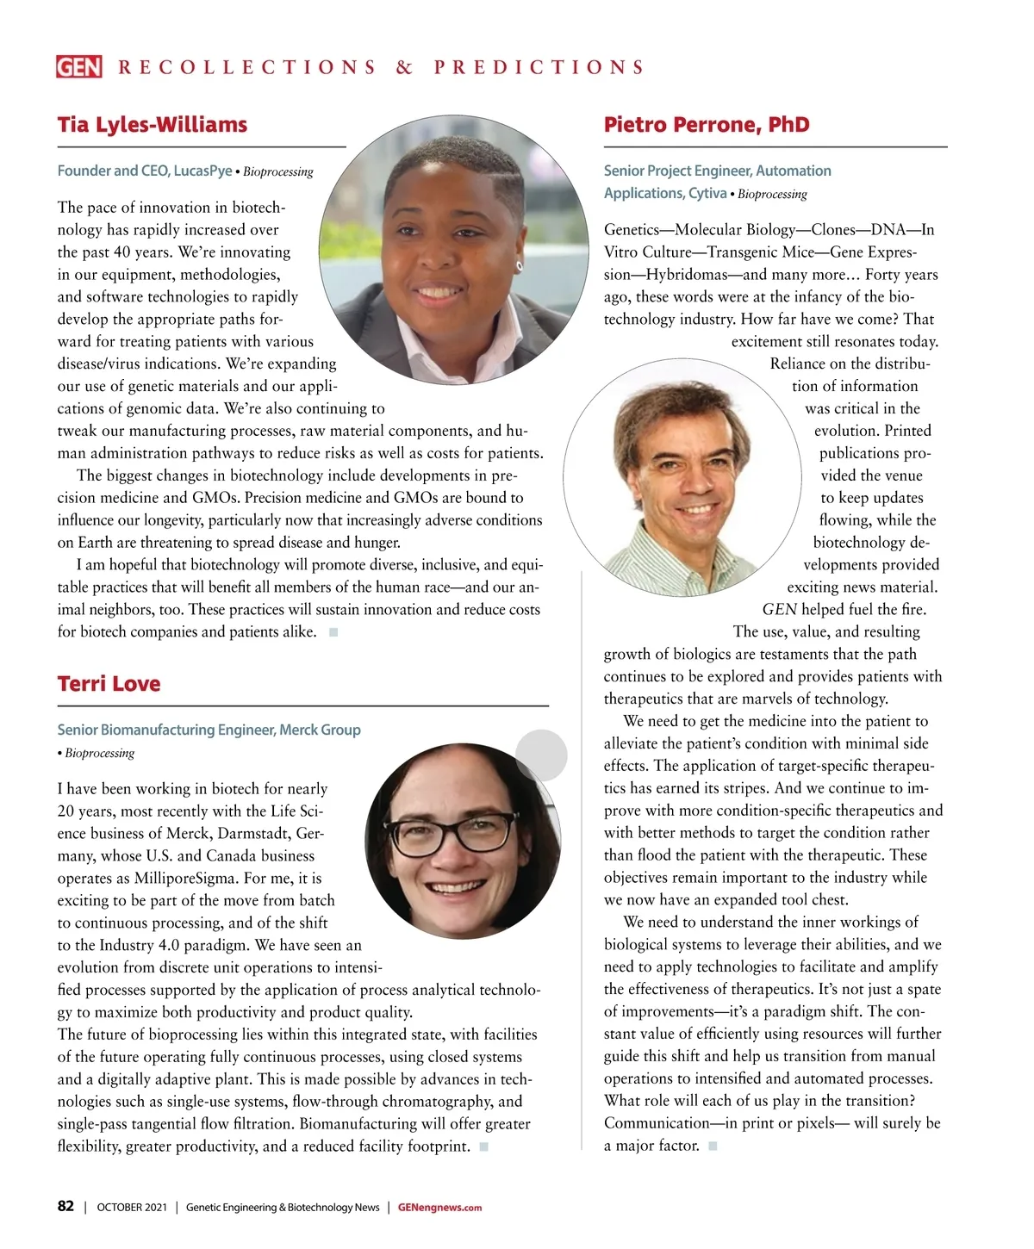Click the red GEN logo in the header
pyautogui.click(x=79, y=67)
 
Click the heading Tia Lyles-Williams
pyautogui.click(x=153, y=125)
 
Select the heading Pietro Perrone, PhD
pyautogui.click(x=707, y=125)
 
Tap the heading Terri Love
pyautogui.click(x=109, y=684)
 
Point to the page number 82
pyautogui.click(x=65, y=1207)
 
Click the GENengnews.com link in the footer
pyautogui.click(x=439, y=1208)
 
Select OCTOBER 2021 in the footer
pyautogui.click(x=132, y=1208)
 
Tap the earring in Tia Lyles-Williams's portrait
pyautogui.click(x=519, y=266)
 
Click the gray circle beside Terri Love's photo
pyautogui.click(x=541, y=755)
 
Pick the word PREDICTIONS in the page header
pyautogui.click(x=539, y=67)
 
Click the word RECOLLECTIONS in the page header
pyautogui.click(x=247, y=67)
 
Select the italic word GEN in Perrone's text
pyautogui.click(x=780, y=610)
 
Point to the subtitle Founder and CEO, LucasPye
pyautogui.click(x=145, y=171)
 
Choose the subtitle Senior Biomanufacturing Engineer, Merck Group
pyautogui.click(x=209, y=730)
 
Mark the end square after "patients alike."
pyautogui.click(x=333, y=632)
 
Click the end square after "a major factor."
pyautogui.click(x=713, y=1146)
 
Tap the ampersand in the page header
pyautogui.click(x=404, y=67)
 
